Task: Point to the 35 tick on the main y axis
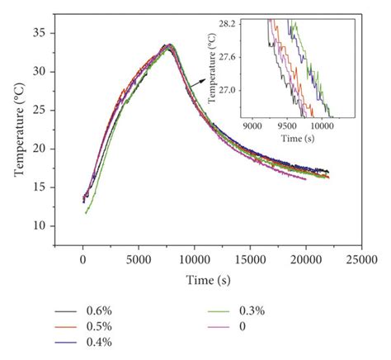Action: point(57,33)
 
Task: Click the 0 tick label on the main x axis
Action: point(83,261)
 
